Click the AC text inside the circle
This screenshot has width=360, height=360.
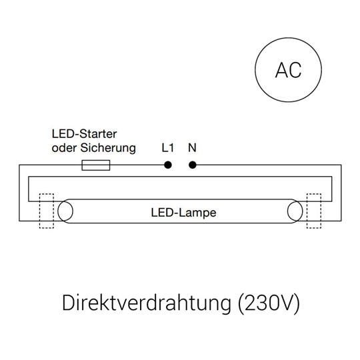coord(289,70)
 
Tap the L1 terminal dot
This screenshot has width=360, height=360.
coord(168,165)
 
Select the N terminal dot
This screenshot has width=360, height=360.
coord(193,165)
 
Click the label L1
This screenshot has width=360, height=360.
coord(168,148)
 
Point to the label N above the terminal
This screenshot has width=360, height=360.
coord(192,148)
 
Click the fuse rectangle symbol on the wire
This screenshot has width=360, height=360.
coord(96,165)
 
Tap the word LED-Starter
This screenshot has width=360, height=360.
coord(84,134)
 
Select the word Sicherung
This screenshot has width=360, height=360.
coord(108,148)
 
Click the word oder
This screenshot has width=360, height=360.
coord(64,148)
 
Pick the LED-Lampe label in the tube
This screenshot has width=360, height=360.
coord(184,213)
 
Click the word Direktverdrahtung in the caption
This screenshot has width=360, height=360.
coord(147,303)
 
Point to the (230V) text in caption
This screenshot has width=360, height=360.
coord(269,303)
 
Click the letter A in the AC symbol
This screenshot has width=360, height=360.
coord(282,70)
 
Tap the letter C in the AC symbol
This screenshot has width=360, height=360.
coord(295,70)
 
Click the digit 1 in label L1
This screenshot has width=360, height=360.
coord(171,148)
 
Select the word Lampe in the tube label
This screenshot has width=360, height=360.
coord(198,213)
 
